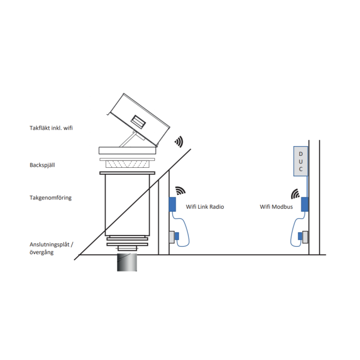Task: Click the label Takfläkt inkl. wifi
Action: [x=51, y=128]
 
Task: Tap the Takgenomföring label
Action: [x=50, y=197]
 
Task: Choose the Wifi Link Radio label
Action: [x=205, y=207]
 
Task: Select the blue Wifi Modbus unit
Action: [x=304, y=204]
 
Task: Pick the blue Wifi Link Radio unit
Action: [x=173, y=204]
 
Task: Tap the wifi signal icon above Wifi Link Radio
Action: [x=180, y=191]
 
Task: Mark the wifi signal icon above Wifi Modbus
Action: [x=296, y=194]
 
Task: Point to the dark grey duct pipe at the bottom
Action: [x=127, y=263]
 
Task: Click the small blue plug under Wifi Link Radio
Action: [x=176, y=236]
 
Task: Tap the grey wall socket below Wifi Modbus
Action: [x=305, y=237]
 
